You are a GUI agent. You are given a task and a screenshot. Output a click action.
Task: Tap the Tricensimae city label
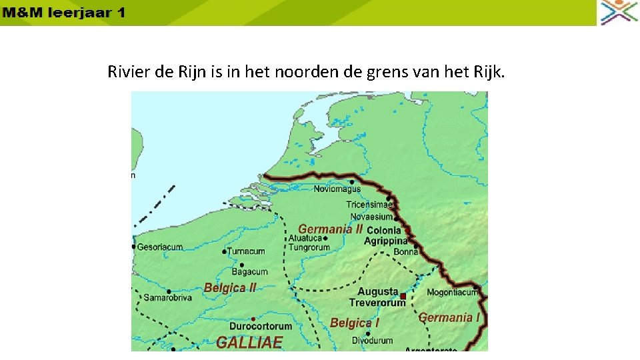click(369, 205)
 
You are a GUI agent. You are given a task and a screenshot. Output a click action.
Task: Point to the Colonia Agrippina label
click(385, 236)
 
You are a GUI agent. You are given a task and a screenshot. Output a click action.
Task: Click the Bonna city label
click(405, 252)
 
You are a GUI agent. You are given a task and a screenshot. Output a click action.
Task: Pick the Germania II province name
click(330, 229)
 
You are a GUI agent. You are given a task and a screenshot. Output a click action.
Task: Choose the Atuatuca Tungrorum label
click(309, 243)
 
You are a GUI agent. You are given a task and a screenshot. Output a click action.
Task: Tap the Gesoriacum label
click(160, 247)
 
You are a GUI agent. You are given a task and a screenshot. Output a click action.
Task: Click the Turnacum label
click(246, 251)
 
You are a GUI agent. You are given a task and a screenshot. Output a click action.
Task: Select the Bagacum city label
click(249, 271)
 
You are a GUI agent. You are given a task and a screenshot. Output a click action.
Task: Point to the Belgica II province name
click(230, 288)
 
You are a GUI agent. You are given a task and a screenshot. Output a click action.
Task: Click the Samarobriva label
click(167, 298)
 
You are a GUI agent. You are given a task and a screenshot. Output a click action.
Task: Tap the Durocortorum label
click(261, 326)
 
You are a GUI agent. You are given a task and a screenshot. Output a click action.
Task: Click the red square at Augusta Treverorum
click(403, 296)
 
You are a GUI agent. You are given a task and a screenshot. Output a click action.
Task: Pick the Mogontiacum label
click(452, 292)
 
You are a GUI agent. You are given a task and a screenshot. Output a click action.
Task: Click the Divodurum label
click(367, 341)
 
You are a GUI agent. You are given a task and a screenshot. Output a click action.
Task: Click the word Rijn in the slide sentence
click(193, 71)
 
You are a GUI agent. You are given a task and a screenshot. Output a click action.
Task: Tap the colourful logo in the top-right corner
click(619, 12)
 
